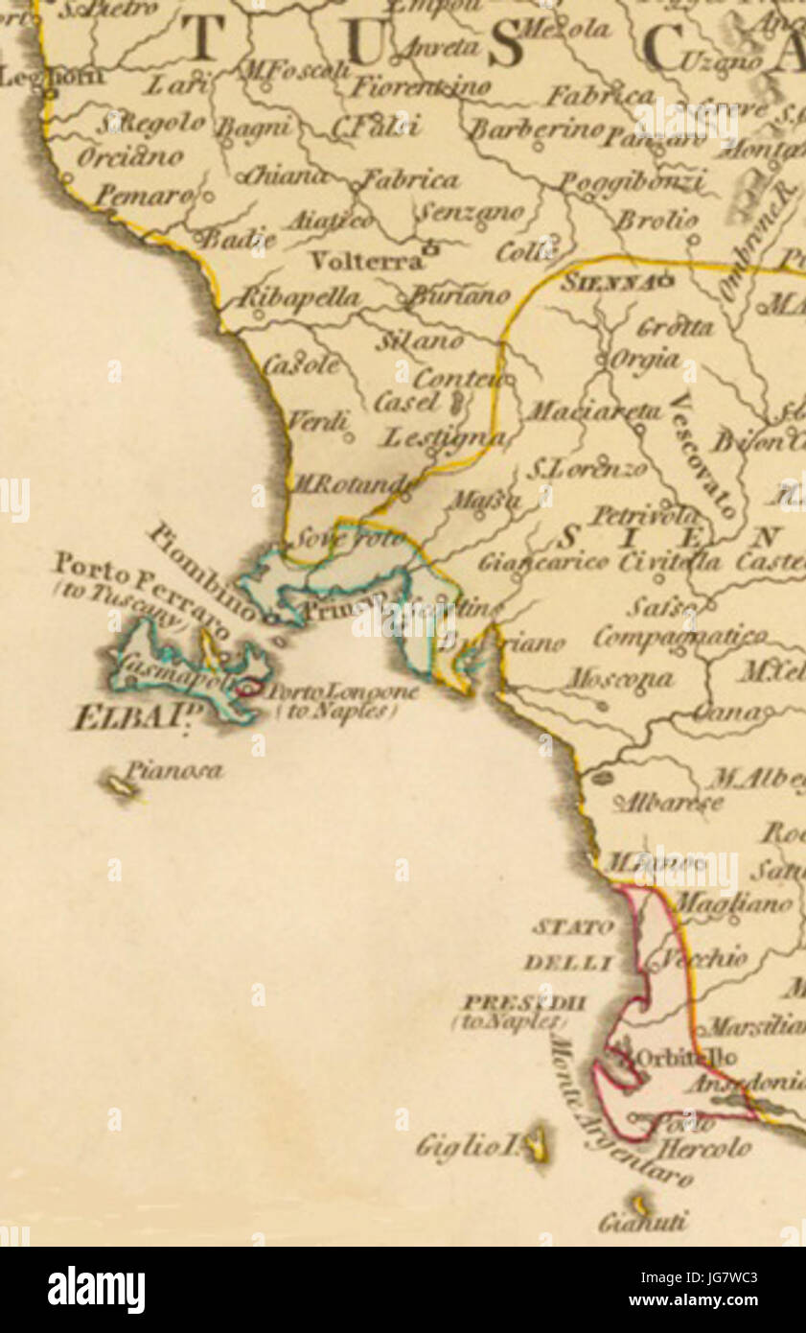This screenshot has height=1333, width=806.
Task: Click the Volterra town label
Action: pyautogui.click(x=366, y=260)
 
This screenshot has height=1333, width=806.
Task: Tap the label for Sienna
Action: pyautogui.click(x=608, y=283)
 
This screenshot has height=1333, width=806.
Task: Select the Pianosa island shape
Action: pyautogui.click(x=122, y=787)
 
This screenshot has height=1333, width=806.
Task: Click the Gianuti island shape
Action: pyautogui.click(x=640, y=1204)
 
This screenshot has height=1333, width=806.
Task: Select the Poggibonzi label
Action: pyautogui.click(x=632, y=182)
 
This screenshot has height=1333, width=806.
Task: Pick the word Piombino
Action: pyautogui.click(x=203, y=571)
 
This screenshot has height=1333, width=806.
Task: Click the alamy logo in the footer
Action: pyautogui.click(x=96, y=1289)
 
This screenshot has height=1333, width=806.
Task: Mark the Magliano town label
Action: pyautogui.click(x=735, y=902)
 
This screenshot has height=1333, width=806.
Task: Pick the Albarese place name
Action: pyautogui.click(x=668, y=802)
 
